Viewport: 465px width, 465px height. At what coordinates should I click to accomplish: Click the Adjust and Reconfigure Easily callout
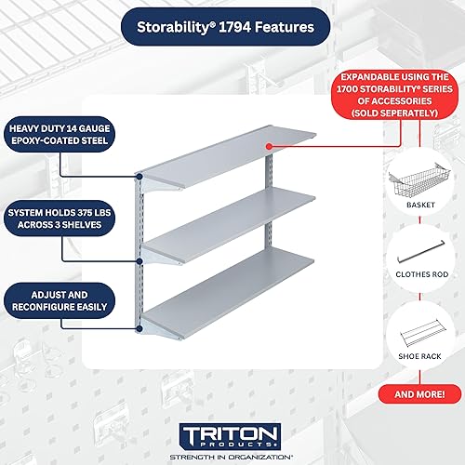coord(59,300)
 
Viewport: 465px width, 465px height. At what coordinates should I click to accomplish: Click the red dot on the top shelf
coord(268,146)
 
